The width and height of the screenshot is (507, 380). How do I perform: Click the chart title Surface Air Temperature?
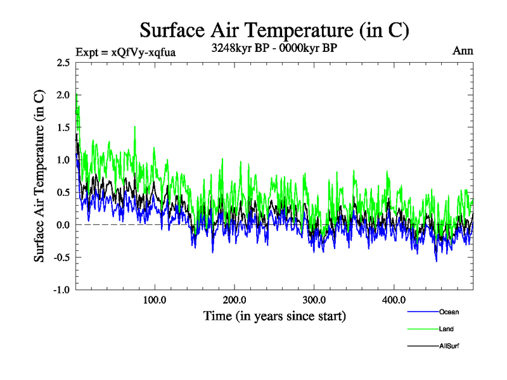[274, 30]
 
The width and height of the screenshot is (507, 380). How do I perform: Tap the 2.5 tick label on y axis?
[62, 63]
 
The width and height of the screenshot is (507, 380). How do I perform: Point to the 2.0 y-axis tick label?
[62, 95]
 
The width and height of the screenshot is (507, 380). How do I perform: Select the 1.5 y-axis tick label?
[62, 127]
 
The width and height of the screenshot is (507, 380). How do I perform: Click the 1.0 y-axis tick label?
[62, 160]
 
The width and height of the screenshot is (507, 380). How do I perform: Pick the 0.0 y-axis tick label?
[62, 225]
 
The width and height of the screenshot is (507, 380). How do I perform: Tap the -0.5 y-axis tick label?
[60, 257]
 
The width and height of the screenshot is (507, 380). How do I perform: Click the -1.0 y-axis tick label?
[60, 290]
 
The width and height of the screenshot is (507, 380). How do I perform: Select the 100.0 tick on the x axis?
[155, 300]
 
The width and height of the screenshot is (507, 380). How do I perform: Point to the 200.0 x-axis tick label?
[234, 300]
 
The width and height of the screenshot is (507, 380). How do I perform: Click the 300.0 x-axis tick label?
[314, 300]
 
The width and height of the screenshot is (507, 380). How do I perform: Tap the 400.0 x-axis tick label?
[394, 300]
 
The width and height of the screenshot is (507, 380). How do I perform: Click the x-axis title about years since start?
[274, 315]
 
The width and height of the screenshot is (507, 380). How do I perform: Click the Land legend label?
[446, 329]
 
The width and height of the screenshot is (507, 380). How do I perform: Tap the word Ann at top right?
[463, 51]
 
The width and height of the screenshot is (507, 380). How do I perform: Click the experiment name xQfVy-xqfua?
[143, 53]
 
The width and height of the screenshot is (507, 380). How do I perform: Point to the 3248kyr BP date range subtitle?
[274, 47]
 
